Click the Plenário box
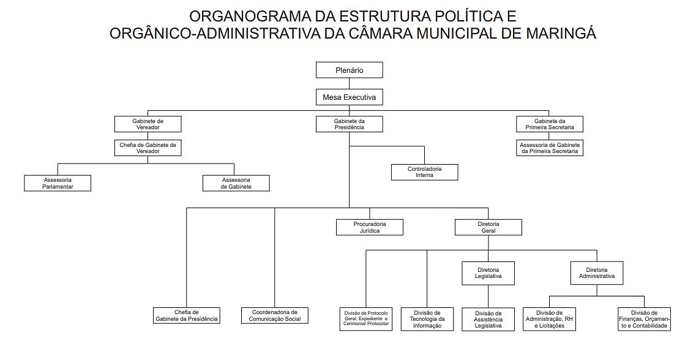pyautogui.click(x=349, y=70)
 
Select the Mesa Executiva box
pyautogui.click(x=349, y=97)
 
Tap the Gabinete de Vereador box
pyautogui.click(x=148, y=124)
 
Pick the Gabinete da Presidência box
pyautogui.click(x=349, y=124)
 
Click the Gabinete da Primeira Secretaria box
pyautogui.click(x=549, y=124)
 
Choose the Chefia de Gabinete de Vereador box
pyautogui.click(x=148, y=148)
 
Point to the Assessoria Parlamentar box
pyautogui.click(x=58, y=183)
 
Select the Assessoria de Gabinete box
pyautogui.click(x=236, y=183)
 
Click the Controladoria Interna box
pyautogui.click(x=424, y=172)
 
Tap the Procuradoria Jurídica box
pyautogui.click(x=370, y=227)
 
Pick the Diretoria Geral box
pyautogui.click(x=488, y=227)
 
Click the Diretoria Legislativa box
pyautogui.click(x=488, y=273)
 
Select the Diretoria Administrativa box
pyautogui.click(x=596, y=273)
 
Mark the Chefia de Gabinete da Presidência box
pyautogui.click(x=187, y=315)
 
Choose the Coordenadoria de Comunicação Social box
pyautogui.click(x=275, y=315)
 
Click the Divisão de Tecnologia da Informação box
pyautogui.click(x=428, y=319)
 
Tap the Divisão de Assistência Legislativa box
pyautogui.click(x=488, y=319)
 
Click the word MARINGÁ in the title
pyautogui.click(x=561, y=34)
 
